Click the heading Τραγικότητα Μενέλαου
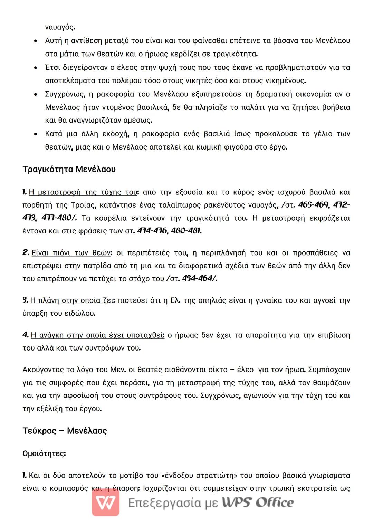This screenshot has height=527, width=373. [69, 169]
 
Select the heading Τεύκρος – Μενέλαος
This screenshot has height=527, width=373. [65, 431]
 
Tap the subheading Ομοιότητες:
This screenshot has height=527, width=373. [44, 453]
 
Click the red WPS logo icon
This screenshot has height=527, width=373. [106, 502]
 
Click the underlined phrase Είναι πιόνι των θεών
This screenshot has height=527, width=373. [71, 253]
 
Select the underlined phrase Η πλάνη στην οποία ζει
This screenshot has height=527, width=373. [72, 300]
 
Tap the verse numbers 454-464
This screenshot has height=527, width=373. [198, 278]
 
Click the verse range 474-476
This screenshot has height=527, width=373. [152, 231]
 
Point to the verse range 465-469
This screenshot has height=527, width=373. [313, 205]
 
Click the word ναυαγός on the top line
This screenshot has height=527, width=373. [60, 27]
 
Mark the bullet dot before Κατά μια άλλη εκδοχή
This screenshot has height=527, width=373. [36, 134]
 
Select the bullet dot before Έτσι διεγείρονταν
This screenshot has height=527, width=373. [36, 68]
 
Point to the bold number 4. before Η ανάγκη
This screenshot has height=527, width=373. [26, 335]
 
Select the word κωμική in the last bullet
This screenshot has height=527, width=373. [209, 147]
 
